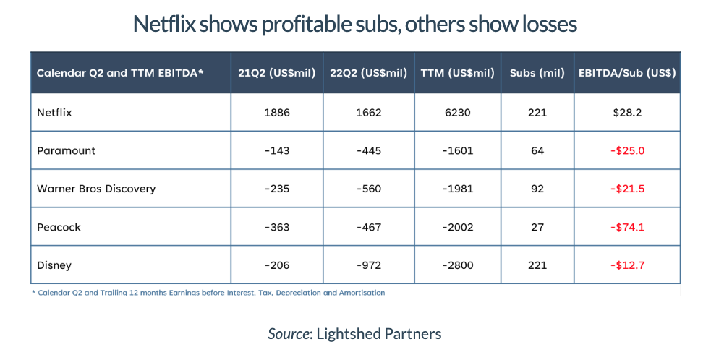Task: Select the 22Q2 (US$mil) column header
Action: [x=369, y=74]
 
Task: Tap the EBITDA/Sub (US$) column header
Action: [x=627, y=74]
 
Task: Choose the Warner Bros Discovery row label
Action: [x=96, y=189]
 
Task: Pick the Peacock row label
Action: [x=59, y=227]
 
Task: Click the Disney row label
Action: [x=54, y=265]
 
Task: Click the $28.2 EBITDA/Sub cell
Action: [x=627, y=113]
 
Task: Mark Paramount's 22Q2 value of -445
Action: [x=369, y=150]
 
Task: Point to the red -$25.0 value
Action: [x=627, y=150]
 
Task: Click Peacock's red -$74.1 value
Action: [x=627, y=227]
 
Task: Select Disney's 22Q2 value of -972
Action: [x=369, y=265]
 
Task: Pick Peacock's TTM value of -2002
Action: [x=457, y=227]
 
